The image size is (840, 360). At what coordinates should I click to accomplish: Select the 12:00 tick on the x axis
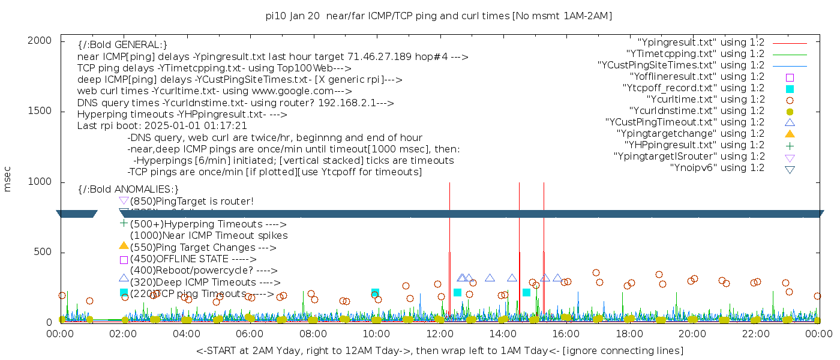coord(440,334)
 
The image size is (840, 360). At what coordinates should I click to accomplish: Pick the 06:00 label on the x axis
coord(250,334)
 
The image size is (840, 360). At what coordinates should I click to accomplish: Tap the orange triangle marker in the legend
coord(790,134)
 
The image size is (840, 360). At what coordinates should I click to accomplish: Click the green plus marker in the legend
coord(790,145)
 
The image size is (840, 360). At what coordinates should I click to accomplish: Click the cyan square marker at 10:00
coord(375,293)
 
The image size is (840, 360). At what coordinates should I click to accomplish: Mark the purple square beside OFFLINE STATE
coord(124,260)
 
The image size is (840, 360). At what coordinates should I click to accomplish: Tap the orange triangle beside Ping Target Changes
coord(124,245)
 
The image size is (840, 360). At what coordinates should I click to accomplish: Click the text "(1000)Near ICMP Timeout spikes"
coord(208,236)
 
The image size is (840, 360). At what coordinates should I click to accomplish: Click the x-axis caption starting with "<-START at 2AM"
coord(439,350)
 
